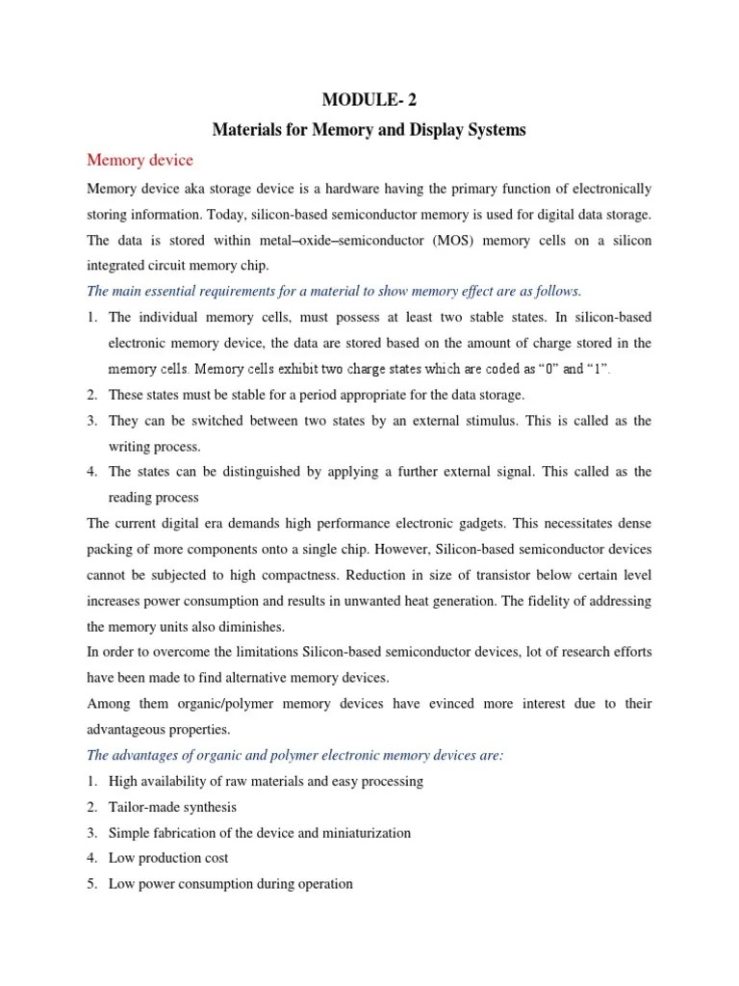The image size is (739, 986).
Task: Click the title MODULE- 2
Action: coord(369,98)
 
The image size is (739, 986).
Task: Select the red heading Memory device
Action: coord(140,160)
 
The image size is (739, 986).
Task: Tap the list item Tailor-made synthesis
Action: coord(172,807)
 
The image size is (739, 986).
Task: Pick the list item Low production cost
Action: coord(168,858)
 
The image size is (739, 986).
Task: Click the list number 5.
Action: coord(92,883)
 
